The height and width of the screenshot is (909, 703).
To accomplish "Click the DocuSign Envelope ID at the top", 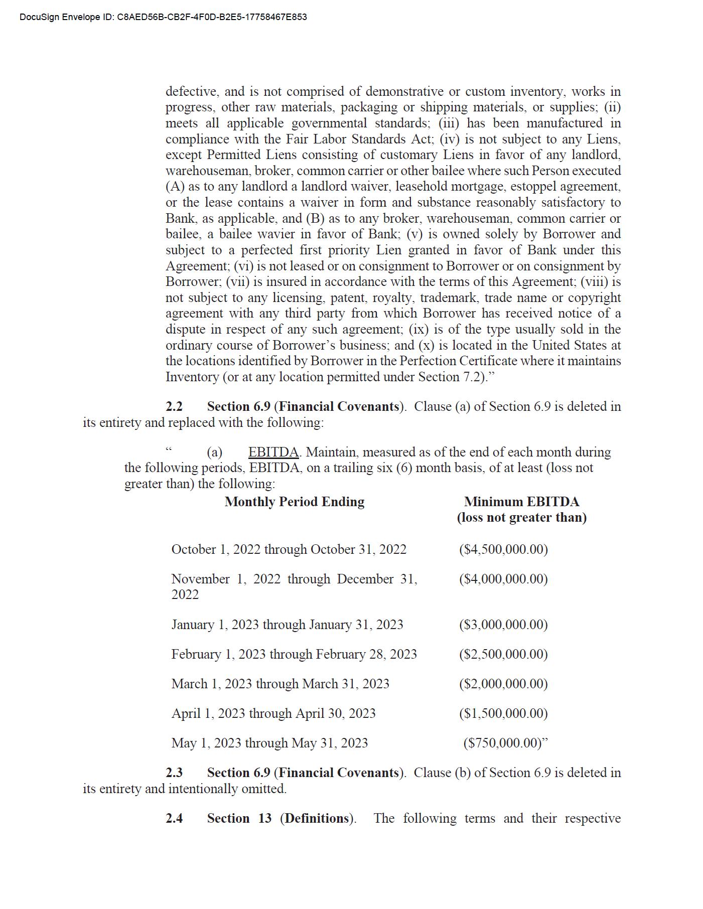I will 163,17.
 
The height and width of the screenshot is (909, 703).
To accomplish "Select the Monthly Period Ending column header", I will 295,502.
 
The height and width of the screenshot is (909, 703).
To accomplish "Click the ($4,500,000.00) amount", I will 503,549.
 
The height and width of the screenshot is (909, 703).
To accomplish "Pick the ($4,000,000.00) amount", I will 503,579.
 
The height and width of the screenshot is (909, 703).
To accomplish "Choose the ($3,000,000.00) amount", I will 503,625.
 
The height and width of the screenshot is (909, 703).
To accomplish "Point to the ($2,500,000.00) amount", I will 503,654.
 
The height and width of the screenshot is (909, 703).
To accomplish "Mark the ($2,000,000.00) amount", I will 503,684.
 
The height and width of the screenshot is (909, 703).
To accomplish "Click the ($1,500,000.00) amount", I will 503,713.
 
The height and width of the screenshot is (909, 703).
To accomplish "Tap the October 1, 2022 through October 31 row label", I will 289,549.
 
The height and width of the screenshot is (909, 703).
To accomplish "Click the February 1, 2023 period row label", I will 294,654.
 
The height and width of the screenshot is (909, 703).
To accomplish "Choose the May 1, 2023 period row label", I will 269,743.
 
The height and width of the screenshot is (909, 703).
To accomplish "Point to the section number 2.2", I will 174,406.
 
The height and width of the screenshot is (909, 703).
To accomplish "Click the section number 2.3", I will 174,773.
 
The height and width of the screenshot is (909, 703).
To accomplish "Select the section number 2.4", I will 174,818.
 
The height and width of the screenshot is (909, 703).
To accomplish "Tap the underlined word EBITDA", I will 273,452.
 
